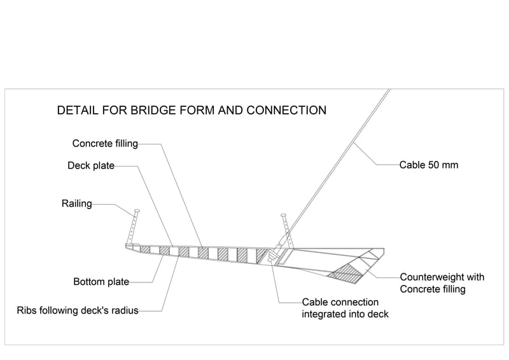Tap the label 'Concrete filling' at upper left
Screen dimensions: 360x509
tap(105, 144)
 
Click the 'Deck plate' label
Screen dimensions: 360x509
tap(91, 166)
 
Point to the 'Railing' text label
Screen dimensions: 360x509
tap(76, 204)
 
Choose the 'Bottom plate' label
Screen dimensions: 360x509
tap(101, 282)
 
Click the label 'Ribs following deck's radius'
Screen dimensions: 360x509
tap(78, 311)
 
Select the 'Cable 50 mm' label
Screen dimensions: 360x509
tap(429, 165)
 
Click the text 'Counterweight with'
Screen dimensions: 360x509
tap(442, 277)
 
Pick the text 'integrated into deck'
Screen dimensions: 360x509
tap(345, 314)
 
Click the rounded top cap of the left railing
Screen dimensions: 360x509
tap(137, 211)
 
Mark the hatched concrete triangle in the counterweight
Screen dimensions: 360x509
tap(345, 272)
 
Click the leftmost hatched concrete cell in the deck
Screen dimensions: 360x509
tap(145, 249)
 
